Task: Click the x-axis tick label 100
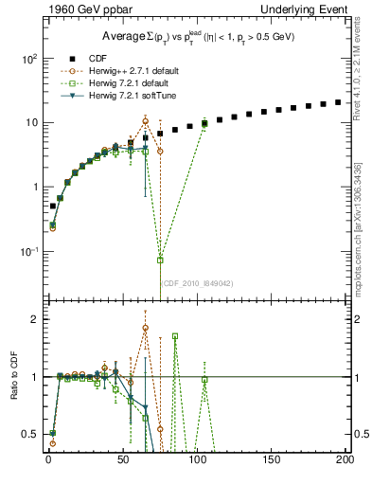[197, 460]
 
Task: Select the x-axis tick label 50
[122, 460]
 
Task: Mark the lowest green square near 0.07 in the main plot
[160, 260]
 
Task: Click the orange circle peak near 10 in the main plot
[145, 121]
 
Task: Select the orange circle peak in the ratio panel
[145, 328]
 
